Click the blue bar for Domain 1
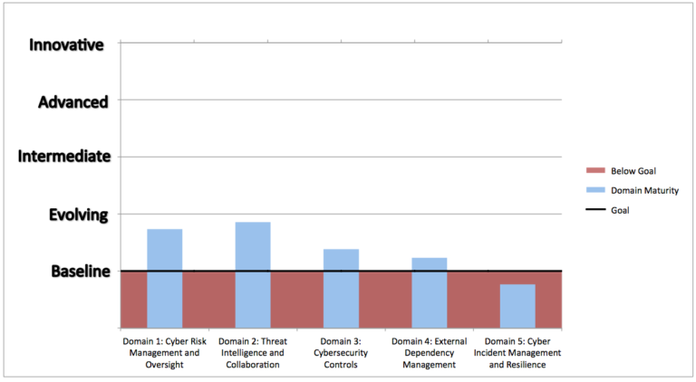pos(165,278)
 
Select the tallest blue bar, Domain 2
pos(253,274)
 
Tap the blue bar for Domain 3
pos(341,288)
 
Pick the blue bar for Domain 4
pos(429,292)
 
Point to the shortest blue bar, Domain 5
pos(517,306)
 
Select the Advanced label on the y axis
pos(72,101)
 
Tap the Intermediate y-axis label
pos(64,157)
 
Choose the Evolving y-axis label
pos(79,215)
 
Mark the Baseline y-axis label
pos(80,271)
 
